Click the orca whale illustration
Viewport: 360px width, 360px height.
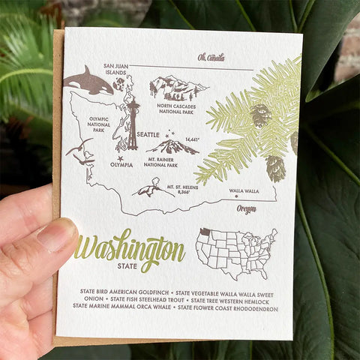(88, 82)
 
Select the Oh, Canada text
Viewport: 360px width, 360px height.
(211, 57)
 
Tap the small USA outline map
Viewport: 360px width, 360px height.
(235, 253)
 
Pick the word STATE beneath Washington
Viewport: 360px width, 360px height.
(128, 265)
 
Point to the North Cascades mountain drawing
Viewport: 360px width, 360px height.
(178, 88)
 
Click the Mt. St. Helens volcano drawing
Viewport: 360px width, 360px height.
(152, 187)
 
